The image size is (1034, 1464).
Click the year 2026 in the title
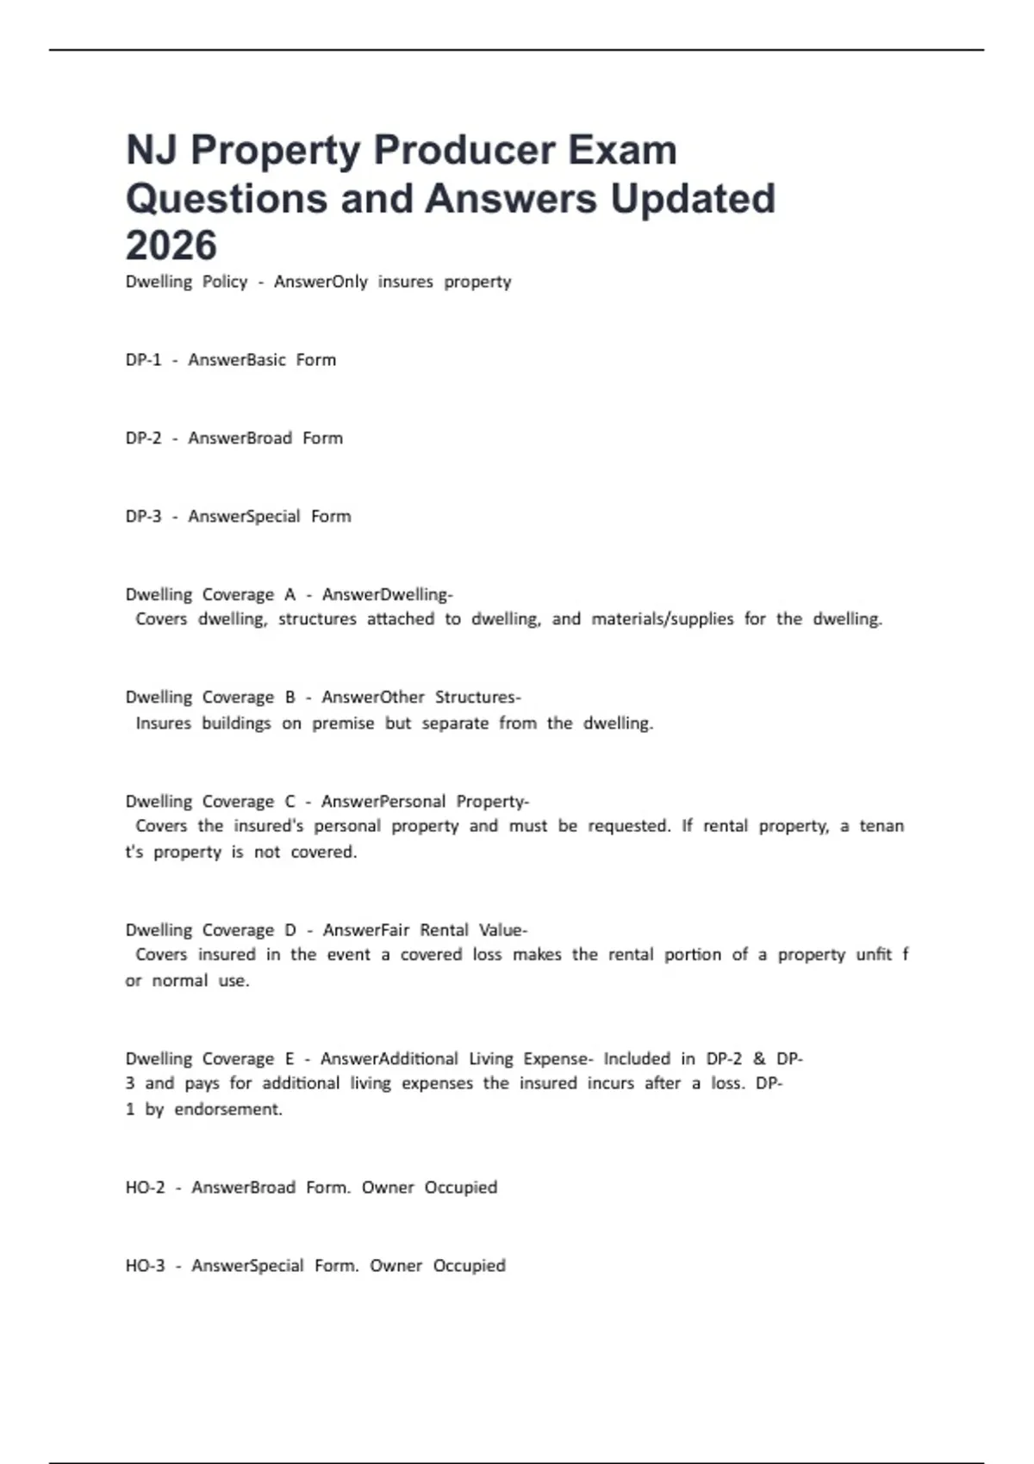171,245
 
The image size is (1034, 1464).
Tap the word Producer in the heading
458,151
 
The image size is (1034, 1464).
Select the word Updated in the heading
693,198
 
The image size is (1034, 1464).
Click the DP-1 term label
143,360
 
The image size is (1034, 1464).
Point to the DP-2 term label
143,438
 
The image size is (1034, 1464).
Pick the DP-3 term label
143,517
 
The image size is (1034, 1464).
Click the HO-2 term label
145,1188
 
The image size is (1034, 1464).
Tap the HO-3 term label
145,1266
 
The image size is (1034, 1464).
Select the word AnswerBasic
237,360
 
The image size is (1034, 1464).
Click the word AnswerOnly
321,282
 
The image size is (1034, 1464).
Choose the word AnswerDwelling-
387,594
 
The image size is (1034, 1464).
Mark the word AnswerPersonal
383,802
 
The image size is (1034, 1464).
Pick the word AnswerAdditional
389,1058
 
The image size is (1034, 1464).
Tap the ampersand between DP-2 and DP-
759,1058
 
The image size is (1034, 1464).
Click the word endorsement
228,1109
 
